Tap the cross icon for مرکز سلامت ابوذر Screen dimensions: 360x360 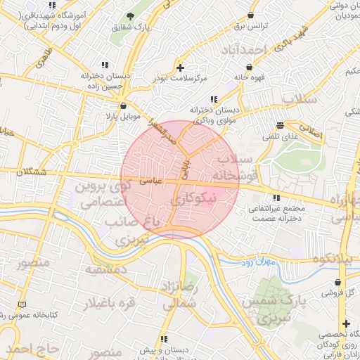pos(181,67)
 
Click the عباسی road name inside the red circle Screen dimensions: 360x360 pos(152,181)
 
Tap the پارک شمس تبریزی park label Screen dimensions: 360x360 pos(266,310)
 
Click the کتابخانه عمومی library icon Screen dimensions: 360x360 pos(22,304)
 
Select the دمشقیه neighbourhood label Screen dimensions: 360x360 pos(105,270)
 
